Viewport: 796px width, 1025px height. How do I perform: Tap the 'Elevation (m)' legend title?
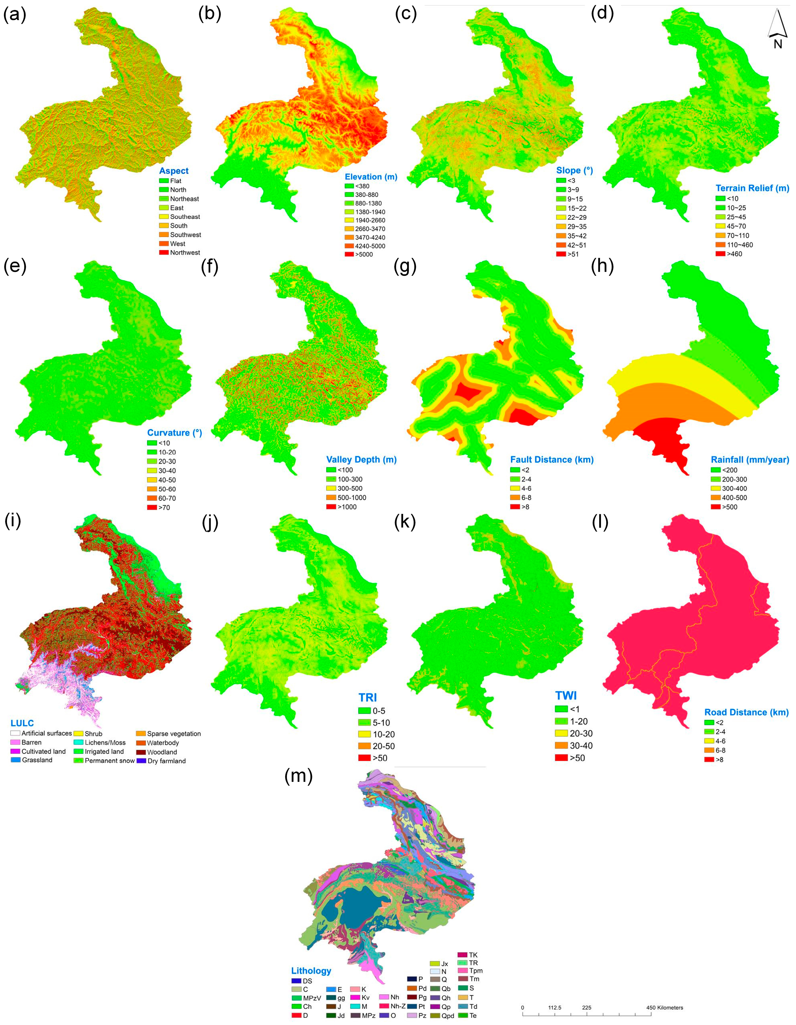pos(371,177)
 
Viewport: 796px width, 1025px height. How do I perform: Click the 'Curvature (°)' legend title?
pos(174,433)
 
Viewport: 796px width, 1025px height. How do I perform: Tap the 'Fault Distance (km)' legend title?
pos(552,459)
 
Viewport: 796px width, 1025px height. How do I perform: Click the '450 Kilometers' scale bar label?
pos(664,1008)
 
